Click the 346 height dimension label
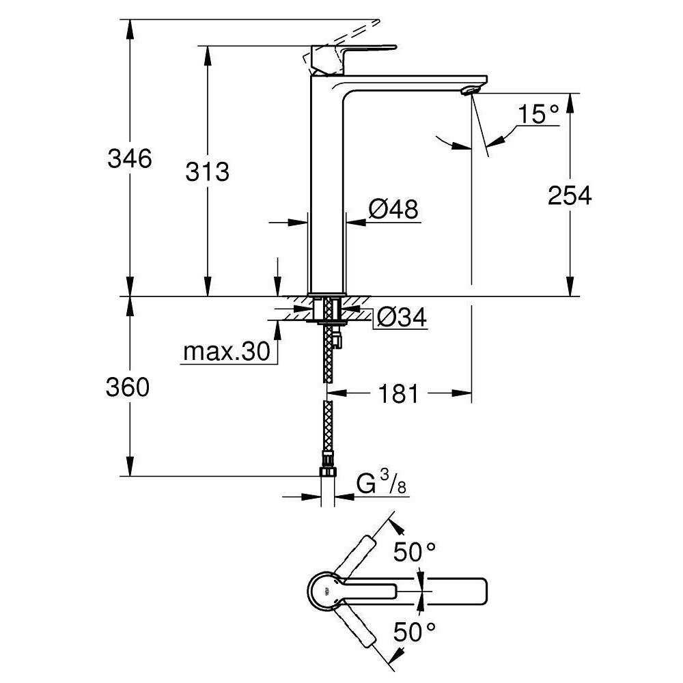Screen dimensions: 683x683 [x=128, y=160]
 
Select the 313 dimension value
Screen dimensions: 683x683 [x=207, y=172]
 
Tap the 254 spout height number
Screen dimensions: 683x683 [x=569, y=195]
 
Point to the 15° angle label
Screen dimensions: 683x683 [x=536, y=113]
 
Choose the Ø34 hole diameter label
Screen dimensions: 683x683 [x=401, y=317]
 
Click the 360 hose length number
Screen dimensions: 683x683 [x=128, y=388]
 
